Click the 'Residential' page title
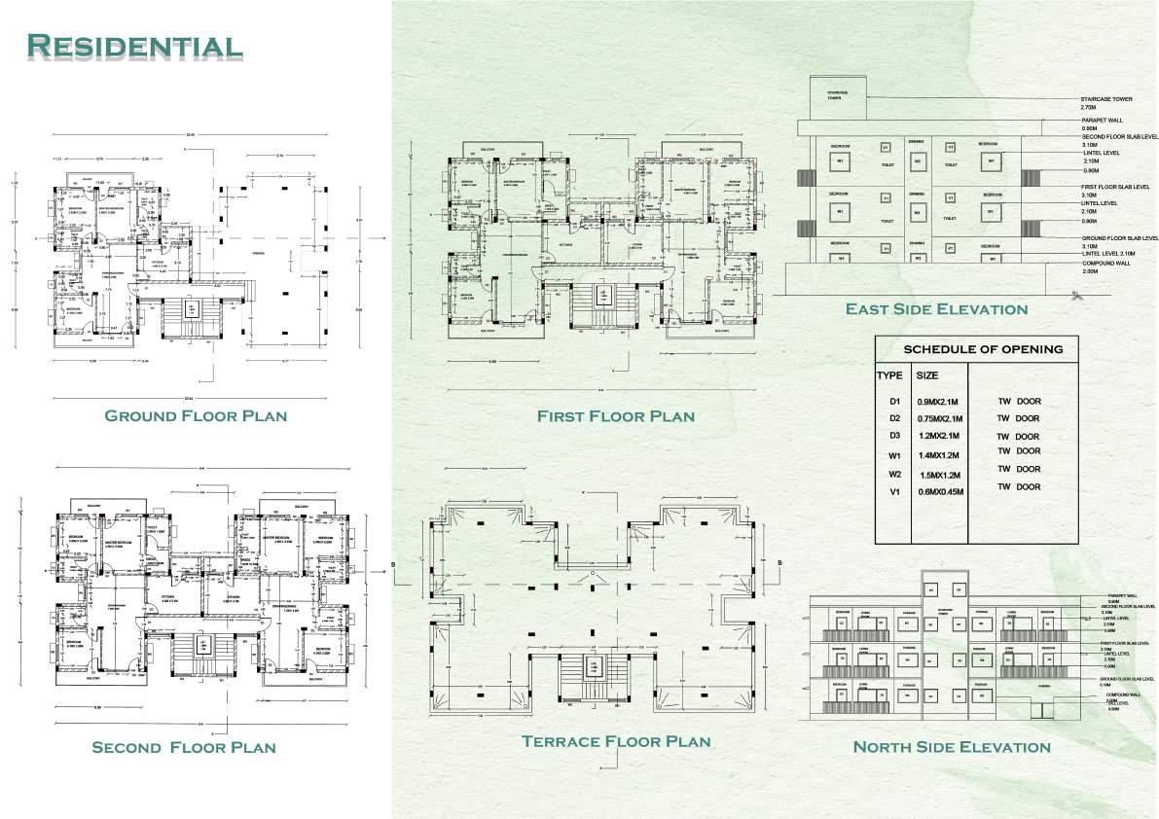pyautogui.click(x=134, y=46)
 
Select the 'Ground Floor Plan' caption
pyautogui.click(x=196, y=415)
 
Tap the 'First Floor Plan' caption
pyautogui.click(x=616, y=416)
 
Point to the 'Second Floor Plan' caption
pyautogui.click(x=183, y=747)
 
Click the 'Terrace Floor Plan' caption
pyautogui.click(x=616, y=741)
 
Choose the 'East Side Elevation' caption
pyautogui.click(x=936, y=309)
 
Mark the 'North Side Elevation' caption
pyautogui.click(x=951, y=747)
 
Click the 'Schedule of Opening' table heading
pyautogui.click(x=983, y=349)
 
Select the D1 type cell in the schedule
pyautogui.click(x=895, y=400)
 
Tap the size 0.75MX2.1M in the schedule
pyautogui.click(x=940, y=418)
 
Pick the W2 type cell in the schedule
pyautogui.click(x=895, y=475)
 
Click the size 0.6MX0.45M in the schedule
pyautogui.click(x=940, y=492)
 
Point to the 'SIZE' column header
pyautogui.click(x=927, y=374)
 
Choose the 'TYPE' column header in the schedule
pyautogui.click(x=889, y=374)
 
